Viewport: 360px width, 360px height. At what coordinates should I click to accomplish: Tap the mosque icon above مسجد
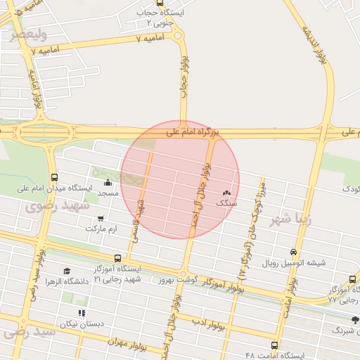(107, 183)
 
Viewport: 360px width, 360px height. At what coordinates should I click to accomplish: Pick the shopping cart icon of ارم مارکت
(103, 218)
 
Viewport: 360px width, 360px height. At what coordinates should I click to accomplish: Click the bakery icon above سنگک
(226, 192)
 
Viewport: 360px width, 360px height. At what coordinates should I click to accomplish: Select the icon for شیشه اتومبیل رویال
(293, 252)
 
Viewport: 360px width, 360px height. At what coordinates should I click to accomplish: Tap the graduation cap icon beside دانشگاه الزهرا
(67, 271)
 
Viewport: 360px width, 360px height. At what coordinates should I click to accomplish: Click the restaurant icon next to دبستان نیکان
(82, 312)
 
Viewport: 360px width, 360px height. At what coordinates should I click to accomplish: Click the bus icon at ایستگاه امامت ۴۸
(274, 345)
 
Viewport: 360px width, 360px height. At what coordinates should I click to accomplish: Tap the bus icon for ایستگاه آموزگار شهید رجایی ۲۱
(117, 258)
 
